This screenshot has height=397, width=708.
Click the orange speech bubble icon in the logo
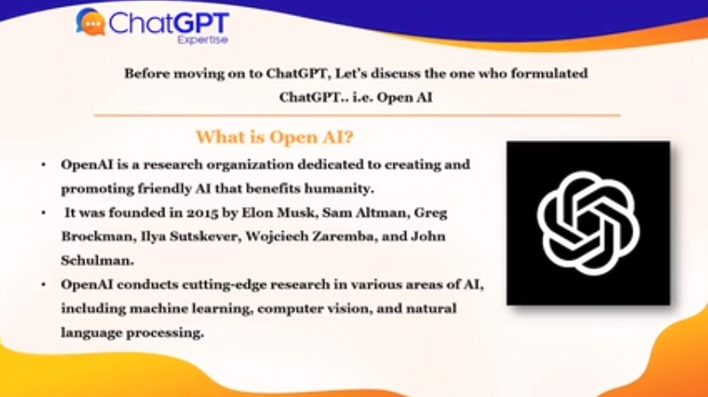91,22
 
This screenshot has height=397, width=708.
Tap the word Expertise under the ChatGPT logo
203,40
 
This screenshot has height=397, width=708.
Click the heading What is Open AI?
274,137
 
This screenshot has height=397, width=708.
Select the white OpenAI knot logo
588,223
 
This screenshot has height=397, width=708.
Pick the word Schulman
97,260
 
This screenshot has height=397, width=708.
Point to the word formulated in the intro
549,73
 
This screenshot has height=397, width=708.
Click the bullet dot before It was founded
44,212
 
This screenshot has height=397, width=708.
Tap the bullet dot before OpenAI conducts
44,284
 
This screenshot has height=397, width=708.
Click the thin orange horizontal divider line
357,115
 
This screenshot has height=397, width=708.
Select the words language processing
132,333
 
